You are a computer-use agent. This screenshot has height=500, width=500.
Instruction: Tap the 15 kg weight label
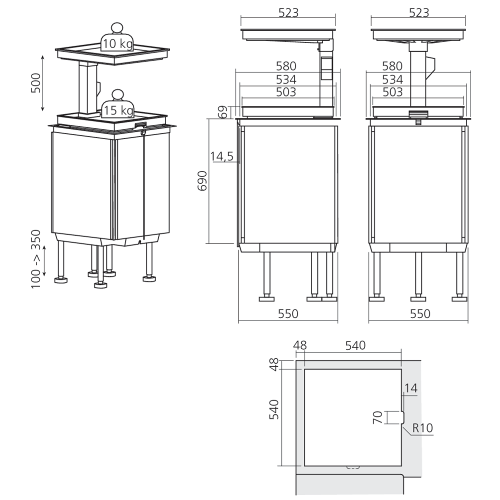pyautogui.click(x=118, y=110)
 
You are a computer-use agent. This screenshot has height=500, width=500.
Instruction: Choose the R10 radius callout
pyautogui.click(x=423, y=428)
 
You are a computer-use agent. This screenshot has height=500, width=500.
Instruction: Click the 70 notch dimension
pyautogui.click(x=378, y=417)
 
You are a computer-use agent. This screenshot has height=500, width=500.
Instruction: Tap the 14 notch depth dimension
pyautogui.click(x=411, y=387)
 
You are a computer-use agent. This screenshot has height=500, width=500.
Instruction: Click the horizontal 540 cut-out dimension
pyautogui.click(x=355, y=345)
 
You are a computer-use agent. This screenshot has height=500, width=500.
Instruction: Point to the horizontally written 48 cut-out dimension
pyautogui.click(x=300, y=345)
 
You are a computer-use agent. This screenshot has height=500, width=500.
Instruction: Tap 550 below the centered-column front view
pyautogui.click(x=419, y=313)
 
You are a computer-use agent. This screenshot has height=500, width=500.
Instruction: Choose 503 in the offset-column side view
pyautogui.click(x=287, y=92)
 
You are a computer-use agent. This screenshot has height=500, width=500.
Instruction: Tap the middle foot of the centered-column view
pyautogui.click(x=418, y=298)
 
